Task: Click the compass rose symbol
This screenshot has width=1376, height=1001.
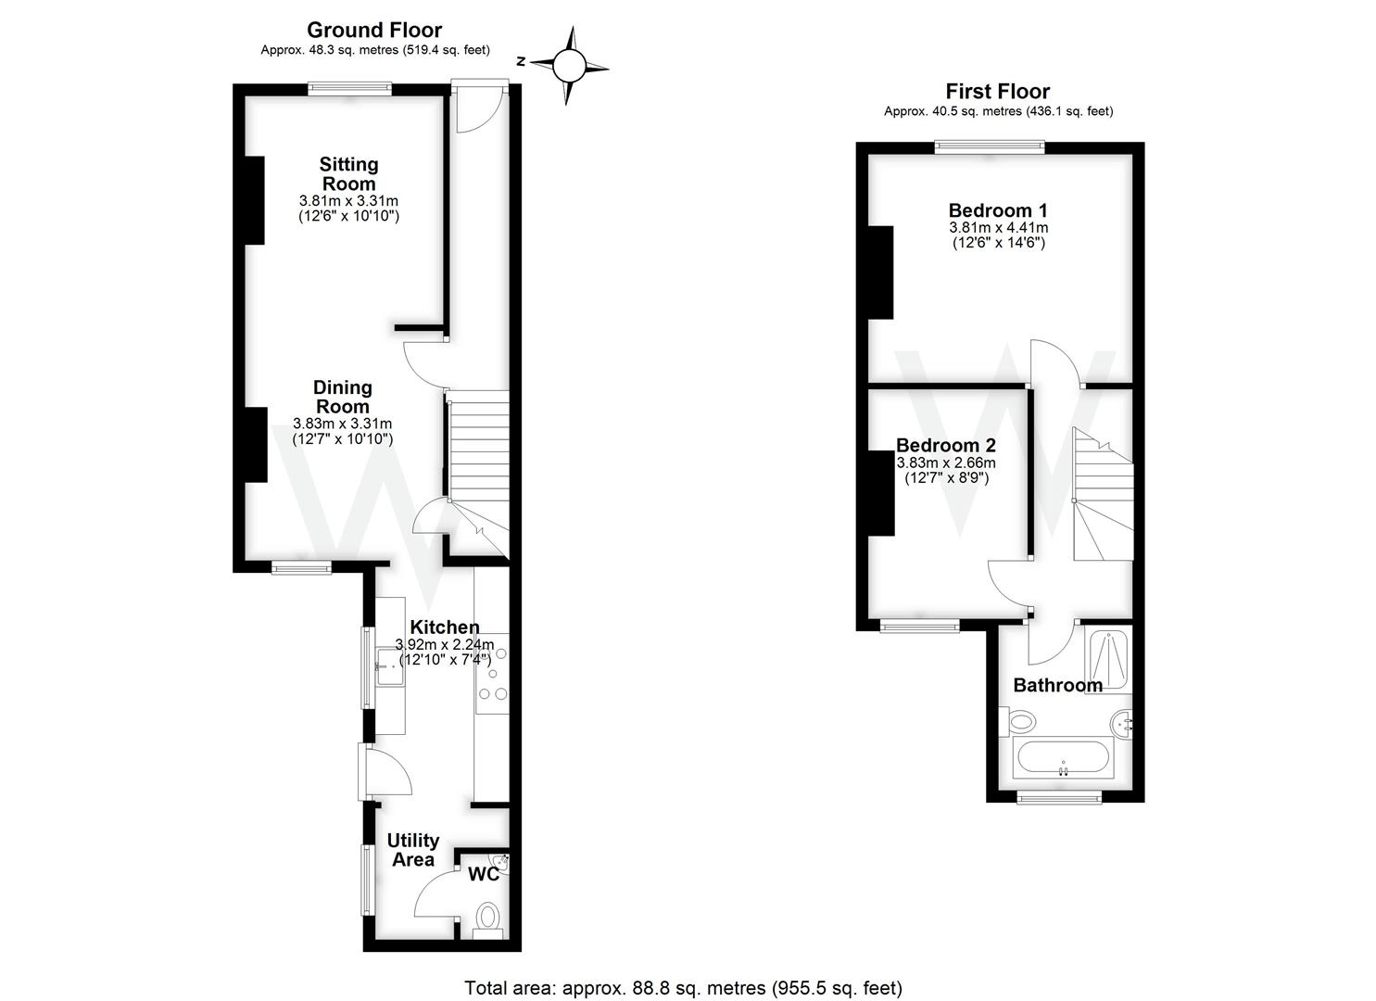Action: (x=571, y=65)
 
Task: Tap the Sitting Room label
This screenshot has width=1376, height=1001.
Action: (x=348, y=173)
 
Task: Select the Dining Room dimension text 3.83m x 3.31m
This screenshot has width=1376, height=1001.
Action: (x=342, y=424)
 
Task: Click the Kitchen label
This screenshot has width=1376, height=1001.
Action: (x=445, y=627)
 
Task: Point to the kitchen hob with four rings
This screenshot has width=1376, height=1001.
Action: (x=492, y=674)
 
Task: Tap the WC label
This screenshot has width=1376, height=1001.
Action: (x=483, y=874)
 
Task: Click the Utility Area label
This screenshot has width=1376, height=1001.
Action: (x=412, y=850)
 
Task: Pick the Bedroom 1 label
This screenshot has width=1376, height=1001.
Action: (x=998, y=210)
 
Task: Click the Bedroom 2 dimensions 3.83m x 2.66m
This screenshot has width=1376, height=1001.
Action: (x=946, y=463)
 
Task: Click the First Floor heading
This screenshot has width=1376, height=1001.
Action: (x=997, y=91)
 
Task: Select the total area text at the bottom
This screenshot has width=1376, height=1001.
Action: (x=683, y=988)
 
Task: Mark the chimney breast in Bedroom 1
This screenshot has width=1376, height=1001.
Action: (x=880, y=272)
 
